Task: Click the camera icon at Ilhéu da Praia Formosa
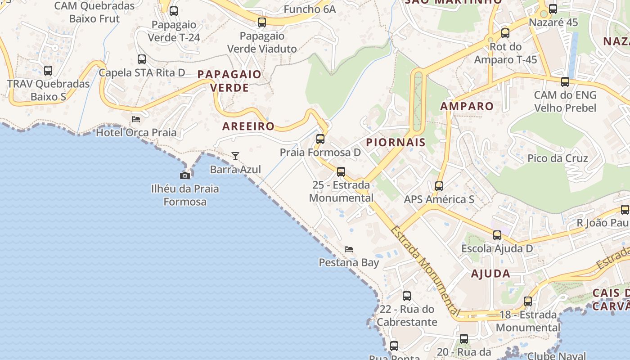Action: tap(185, 175)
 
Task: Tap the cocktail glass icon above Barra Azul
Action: tap(235, 156)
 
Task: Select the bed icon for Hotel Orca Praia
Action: tap(136, 119)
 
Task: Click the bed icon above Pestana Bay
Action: tap(349, 249)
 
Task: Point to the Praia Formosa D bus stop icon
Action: tap(320, 139)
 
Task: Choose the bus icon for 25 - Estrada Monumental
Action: tap(341, 171)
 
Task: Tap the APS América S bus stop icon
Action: tap(439, 186)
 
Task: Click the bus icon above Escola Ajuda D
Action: tap(497, 235)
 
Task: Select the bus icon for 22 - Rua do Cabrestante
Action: tap(407, 296)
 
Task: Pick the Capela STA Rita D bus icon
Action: tap(142, 59)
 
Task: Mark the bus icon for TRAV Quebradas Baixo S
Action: tap(48, 70)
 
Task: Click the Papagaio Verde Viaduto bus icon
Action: tap(262, 22)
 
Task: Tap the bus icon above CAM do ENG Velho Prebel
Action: tap(565, 81)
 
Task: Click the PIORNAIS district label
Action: tap(396, 143)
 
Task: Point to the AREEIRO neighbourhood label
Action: tap(248, 126)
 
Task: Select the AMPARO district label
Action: tap(467, 106)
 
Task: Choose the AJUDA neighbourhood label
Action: tap(490, 274)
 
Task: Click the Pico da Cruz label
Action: tap(558, 158)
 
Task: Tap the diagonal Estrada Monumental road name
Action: tap(424, 270)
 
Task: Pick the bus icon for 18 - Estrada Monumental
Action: tap(528, 301)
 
